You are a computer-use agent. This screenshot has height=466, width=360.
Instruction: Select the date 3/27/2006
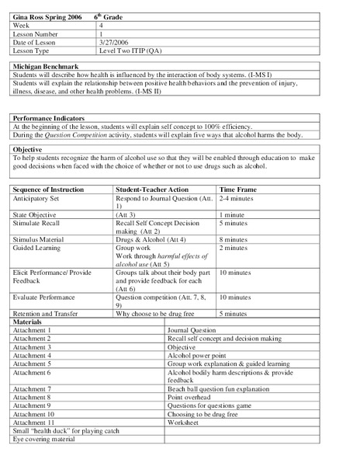point(114,43)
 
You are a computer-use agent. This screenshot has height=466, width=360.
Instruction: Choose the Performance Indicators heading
point(49,118)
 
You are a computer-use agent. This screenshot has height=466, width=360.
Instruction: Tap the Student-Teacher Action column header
point(152,190)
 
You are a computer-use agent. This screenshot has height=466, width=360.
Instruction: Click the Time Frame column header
point(237,190)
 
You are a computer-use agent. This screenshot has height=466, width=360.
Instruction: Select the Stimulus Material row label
point(39,239)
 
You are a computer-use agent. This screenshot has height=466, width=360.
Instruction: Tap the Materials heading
point(29,322)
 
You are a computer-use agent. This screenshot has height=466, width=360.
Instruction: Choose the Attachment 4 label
point(33,355)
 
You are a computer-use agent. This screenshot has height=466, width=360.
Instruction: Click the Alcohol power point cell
point(197,355)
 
